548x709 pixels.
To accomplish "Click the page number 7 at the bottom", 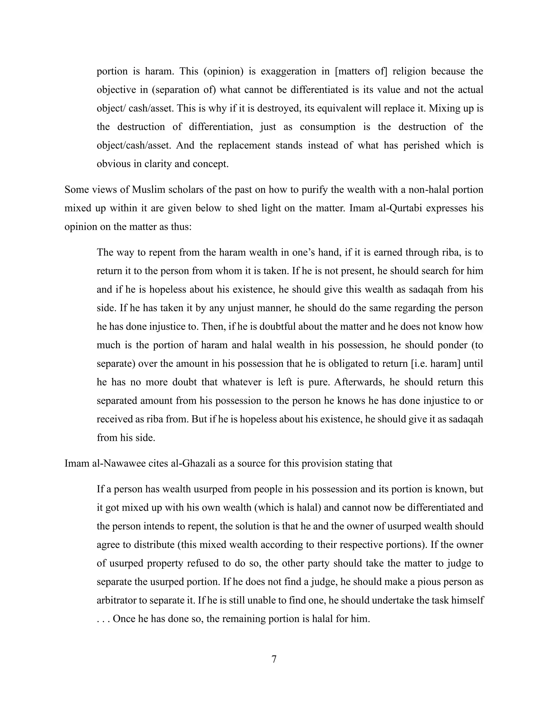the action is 274,659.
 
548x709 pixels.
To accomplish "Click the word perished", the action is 421,145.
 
